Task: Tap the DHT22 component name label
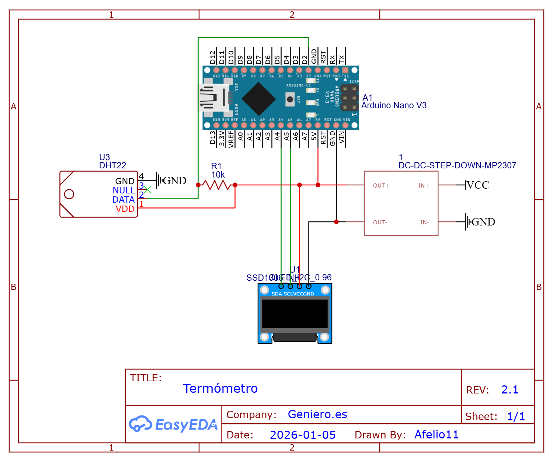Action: coord(112,165)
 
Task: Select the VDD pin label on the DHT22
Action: coord(125,209)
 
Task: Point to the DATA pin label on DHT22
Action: coord(124,200)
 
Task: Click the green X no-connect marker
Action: coord(147,190)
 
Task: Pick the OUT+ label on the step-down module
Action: coord(381,186)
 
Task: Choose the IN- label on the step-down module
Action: coord(424,223)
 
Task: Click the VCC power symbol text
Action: coord(478,185)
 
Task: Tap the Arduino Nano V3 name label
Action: coord(394,105)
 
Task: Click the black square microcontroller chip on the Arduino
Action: coord(259,98)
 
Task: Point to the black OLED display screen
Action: coord(295,314)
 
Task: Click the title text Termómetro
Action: coord(220,388)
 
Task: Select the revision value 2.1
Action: coord(509,389)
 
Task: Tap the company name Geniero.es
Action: coord(317,414)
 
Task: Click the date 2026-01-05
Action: coord(303,435)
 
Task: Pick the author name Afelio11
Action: coord(437,435)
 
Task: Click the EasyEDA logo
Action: coord(173,424)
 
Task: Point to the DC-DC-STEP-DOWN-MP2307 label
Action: coord(457,165)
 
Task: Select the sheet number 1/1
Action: coord(516,416)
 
